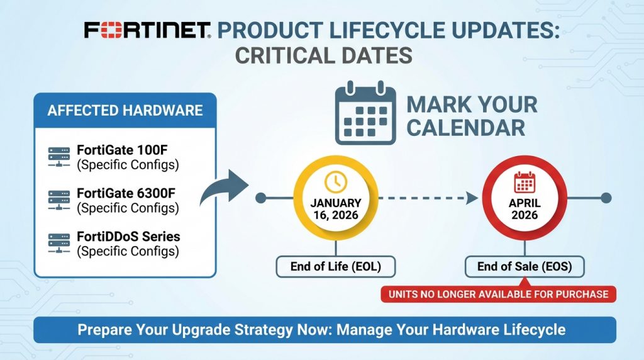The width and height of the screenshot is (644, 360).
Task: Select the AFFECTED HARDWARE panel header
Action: coord(125,111)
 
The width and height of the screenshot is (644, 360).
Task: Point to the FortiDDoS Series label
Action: coord(128,237)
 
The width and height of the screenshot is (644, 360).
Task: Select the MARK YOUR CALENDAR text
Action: coord(472,116)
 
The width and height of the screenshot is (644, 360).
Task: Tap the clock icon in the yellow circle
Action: coord(335,182)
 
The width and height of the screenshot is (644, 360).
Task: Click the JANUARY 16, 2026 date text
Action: coord(336,208)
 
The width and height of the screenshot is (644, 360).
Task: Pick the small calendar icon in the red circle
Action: coord(525,183)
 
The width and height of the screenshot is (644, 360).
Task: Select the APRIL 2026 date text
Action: coord(525,209)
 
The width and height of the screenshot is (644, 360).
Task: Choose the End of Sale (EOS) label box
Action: coord(525,267)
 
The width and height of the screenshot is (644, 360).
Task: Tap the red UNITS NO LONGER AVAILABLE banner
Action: coord(498,294)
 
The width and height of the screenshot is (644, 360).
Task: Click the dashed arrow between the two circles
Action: coord(428,198)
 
